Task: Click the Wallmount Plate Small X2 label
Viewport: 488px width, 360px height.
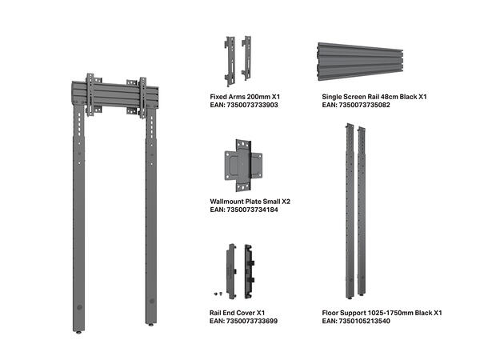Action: (x=250, y=202)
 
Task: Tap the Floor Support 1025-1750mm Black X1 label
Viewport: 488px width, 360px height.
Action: (x=382, y=312)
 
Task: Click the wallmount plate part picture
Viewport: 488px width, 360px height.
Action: (x=244, y=162)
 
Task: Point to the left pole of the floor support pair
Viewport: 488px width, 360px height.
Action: (x=350, y=208)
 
